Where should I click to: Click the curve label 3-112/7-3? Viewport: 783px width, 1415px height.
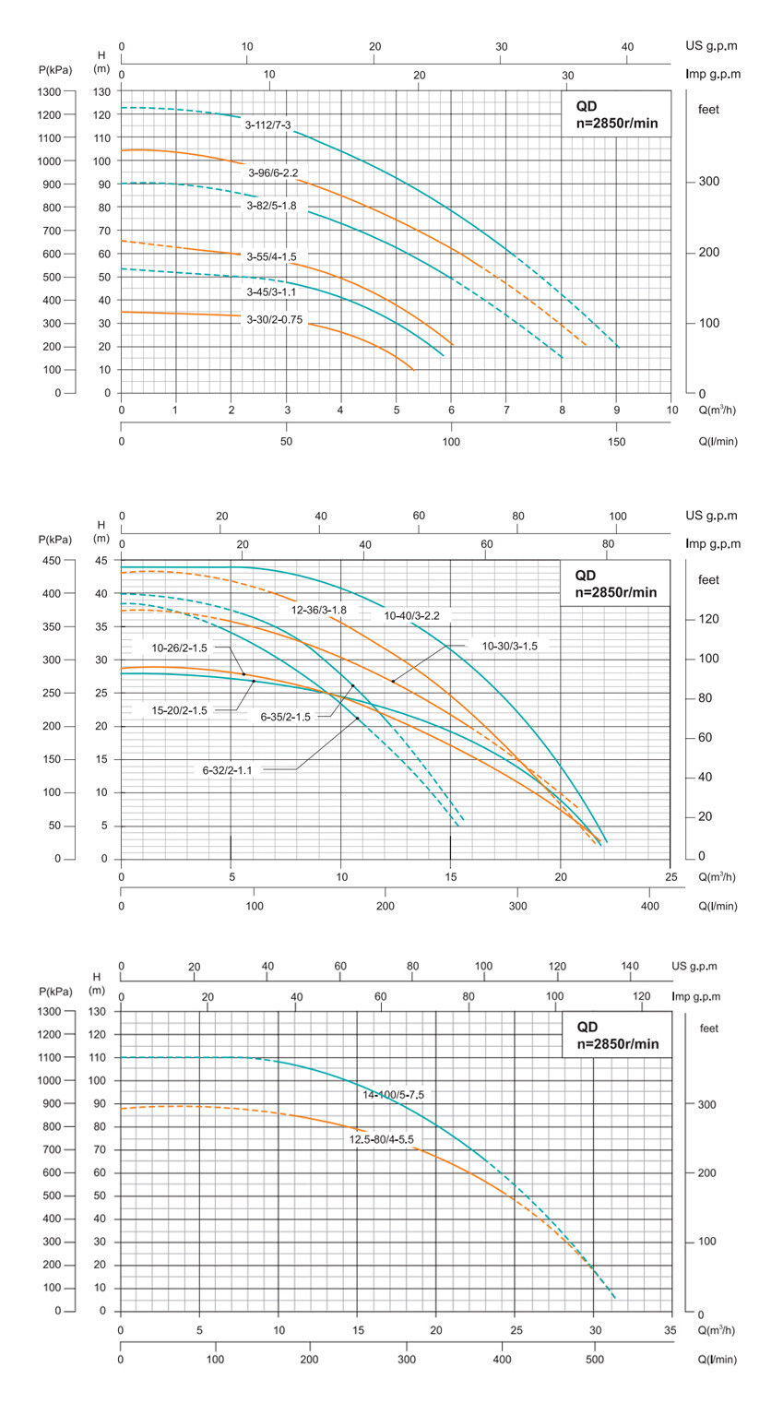(x=267, y=125)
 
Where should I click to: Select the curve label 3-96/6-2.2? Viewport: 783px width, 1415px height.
(x=272, y=172)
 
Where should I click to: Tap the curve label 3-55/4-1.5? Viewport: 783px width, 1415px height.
(x=272, y=256)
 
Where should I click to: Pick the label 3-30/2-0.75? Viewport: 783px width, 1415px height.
(x=274, y=319)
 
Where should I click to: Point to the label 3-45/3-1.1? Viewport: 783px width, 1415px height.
(x=270, y=291)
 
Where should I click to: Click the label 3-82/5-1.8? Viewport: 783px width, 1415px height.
(x=271, y=206)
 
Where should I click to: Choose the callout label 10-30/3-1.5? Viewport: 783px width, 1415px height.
(x=509, y=646)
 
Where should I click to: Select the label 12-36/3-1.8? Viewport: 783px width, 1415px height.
(x=319, y=610)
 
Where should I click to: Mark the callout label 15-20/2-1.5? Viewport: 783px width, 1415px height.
(x=180, y=709)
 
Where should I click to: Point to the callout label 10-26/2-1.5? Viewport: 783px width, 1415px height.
(x=180, y=648)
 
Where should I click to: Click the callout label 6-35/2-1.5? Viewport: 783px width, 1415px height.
(x=285, y=716)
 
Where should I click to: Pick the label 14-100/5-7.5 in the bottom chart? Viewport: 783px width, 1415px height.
(x=393, y=1094)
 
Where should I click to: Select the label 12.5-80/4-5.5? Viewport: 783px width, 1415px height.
(x=381, y=1139)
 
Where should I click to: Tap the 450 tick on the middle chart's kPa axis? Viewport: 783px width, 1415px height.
(x=60, y=561)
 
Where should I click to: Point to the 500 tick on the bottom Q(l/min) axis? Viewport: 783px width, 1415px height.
(x=594, y=1359)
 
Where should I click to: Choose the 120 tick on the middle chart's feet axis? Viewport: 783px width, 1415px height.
(x=707, y=619)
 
